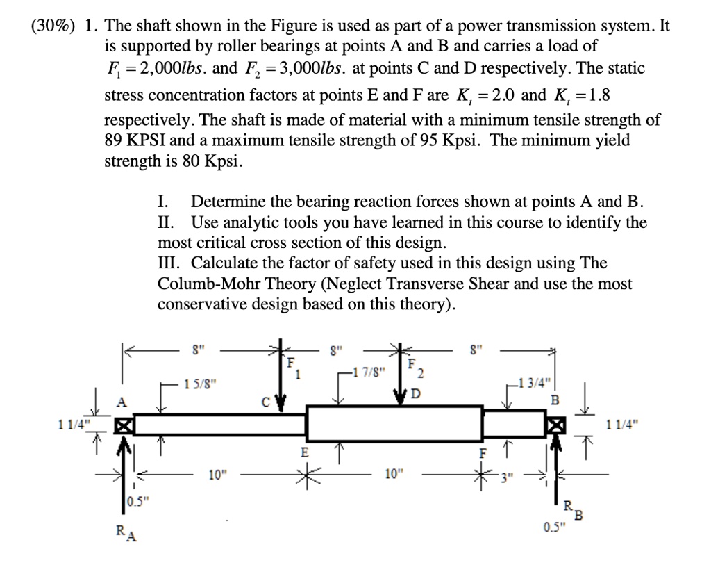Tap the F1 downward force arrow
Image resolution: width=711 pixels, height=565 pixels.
coord(282,379)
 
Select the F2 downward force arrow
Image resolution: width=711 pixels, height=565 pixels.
coord(402,379)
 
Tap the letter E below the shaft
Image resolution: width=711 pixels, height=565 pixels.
coord(303,452)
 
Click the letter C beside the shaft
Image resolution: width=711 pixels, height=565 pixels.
coord(265,401)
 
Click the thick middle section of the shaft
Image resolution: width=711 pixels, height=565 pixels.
coord(394,423)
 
